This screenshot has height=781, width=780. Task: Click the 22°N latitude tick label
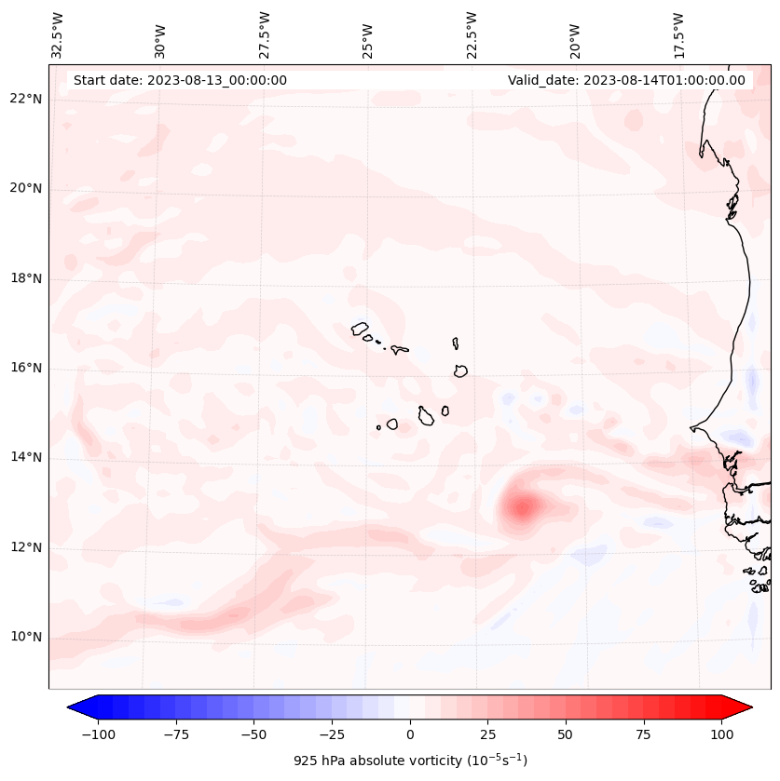click(26, 99)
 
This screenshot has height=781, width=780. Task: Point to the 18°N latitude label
click(26, 278)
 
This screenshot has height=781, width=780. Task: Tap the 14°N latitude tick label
click(26, 457)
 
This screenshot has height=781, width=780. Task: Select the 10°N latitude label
click(26, 637)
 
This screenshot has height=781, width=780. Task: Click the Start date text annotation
click(180, 80)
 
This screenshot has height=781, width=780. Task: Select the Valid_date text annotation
click(626, 80)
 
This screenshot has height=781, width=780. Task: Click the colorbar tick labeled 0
click(409, 734)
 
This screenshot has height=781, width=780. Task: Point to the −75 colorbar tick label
click(175, 734)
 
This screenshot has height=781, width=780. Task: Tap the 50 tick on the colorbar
click(565, 734)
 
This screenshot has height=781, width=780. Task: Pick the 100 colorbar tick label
click(721, 734)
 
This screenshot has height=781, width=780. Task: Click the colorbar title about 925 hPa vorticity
click(410, 761)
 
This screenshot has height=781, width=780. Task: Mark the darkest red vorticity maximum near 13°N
click(522, 507)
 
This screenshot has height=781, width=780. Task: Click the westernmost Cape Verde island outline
click(360, 329)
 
